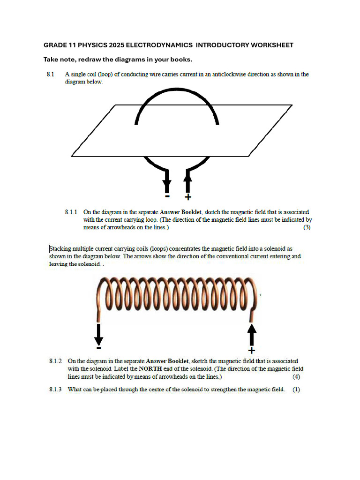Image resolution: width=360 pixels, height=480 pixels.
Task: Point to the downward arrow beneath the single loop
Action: coord(167,181)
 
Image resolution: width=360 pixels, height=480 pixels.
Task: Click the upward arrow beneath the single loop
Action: coord(188,181)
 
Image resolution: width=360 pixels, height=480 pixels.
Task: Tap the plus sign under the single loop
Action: coord(188,197)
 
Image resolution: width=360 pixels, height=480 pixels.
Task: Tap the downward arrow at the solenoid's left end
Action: coord(98,334)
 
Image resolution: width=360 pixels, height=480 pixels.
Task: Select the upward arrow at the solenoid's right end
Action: coord(252,335)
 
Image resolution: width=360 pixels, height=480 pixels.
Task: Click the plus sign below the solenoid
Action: coord(252,351)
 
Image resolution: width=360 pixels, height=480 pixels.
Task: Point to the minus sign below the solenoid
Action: coord(98,348)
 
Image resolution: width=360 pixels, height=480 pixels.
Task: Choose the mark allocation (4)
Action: coord(296,376)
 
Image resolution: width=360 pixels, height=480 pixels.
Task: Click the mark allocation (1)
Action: coord(296,389)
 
